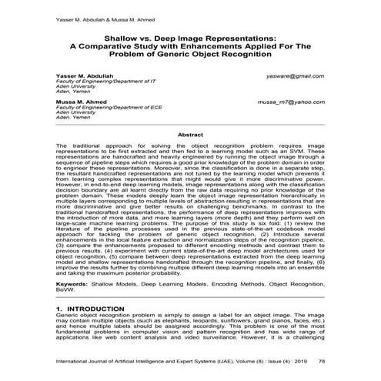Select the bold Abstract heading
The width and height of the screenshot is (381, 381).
(190, 134)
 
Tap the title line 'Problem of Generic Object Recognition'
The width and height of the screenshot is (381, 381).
(190, 53)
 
